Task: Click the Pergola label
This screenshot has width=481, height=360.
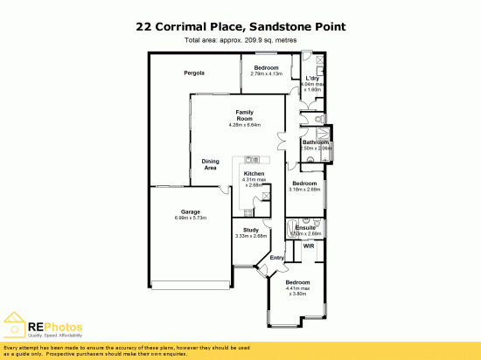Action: [194, 73]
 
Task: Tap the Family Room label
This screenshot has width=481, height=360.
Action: [244, 115]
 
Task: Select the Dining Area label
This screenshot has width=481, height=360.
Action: [210, 163]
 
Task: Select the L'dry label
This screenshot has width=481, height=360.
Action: [311, 79]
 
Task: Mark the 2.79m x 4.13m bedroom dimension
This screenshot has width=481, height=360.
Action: [266, 73]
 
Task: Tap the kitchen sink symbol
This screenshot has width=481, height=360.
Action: [252, 159]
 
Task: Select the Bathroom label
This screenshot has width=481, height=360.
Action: [315, 142]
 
